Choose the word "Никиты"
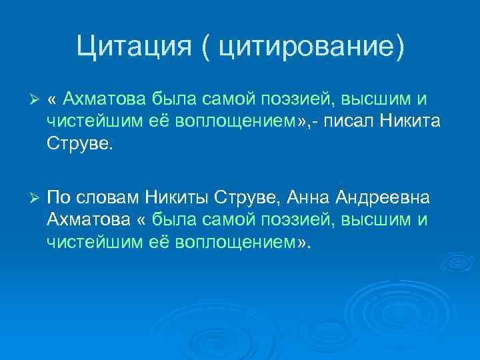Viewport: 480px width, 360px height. pos(181,198)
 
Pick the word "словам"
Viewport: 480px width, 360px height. pos(108,198)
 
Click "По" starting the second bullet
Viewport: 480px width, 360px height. pos(59,198)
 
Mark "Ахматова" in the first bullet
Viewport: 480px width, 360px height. pos(103,99)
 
